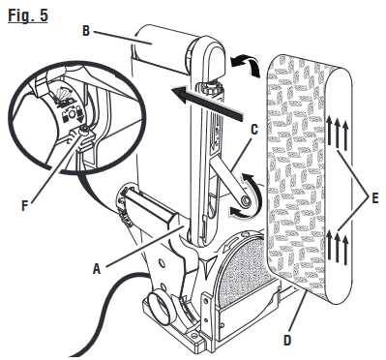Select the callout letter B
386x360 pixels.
click(86, 30)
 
